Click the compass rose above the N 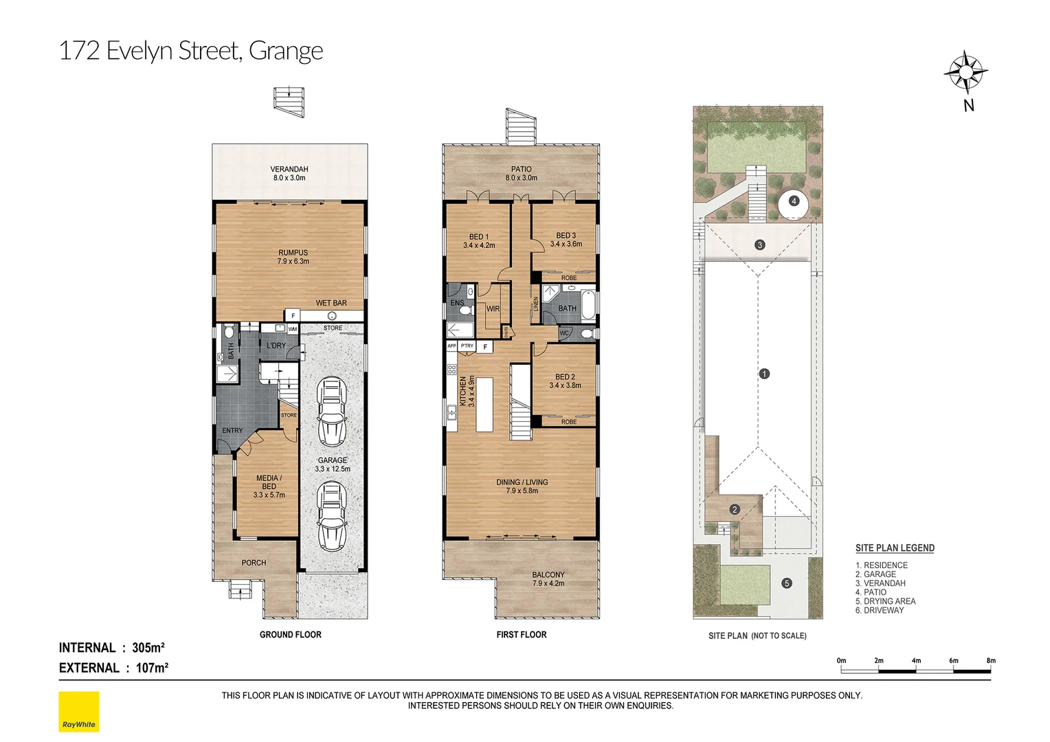(965, 71)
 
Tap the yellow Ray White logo (79, 711)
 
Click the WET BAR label (331, 303)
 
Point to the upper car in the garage (332, 409)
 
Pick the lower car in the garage (332, 515)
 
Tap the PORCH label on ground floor (254, 563)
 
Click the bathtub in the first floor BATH (588, 306)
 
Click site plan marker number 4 (794, 201)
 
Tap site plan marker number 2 (735, 510)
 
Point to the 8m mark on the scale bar (990, 661)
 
